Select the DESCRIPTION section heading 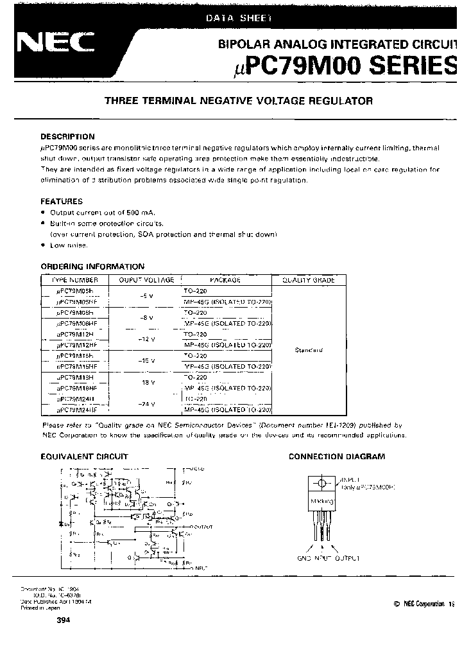(x=67, y=137)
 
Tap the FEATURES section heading (x=62, y=201)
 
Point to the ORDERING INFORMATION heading (x=92, y=267)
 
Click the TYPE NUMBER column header (x=75, y=280)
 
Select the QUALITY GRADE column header (x=310, y=280)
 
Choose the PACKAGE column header (x=225, y=280)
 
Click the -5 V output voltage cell (x=146, y=296)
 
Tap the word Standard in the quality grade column (x=310, y=350)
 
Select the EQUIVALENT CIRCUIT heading (x=84, y=457)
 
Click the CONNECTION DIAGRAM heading (x=337, y=457)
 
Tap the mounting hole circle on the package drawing (x=321, y=483)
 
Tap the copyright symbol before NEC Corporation (x=389, y=604)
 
